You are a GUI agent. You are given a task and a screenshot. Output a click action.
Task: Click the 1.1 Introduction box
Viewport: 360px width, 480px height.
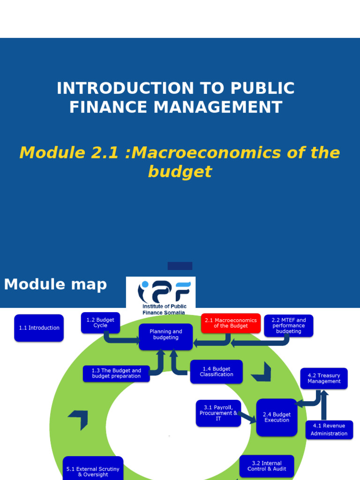pyautogui.click(x=39, y=328)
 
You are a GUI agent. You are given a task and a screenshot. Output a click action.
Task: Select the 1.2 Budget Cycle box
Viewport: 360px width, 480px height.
pyautogui.click(x=100, y=322)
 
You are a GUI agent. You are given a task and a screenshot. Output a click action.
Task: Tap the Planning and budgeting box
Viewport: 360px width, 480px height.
pyautogui.click(x=165, y=337)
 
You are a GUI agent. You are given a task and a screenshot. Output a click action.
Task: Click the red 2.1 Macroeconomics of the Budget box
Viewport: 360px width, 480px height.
pyautogui.click(x=231, y=323)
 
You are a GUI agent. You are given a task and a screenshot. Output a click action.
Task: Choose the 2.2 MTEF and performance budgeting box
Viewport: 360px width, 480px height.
pyautogui.click(x=288, y=325)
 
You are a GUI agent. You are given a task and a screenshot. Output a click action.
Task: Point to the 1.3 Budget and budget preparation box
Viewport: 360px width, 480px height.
pyautogui.click(x=116, y=373)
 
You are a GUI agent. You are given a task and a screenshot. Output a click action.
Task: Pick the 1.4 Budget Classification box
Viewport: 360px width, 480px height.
pyautogui.click(x=216, y=371)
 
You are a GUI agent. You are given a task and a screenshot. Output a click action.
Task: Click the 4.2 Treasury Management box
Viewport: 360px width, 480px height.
pyautogui.click(x=324, y=378)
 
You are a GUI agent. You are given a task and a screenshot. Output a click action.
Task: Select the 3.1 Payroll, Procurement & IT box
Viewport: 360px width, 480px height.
pyautogui.click(x=218, y=413)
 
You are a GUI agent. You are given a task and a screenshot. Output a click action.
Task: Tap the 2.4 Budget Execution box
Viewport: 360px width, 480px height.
pyautogui.click(x=277, y=417)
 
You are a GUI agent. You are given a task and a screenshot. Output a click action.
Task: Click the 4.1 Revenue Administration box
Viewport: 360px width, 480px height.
pyautogui.click(x=329, y=429)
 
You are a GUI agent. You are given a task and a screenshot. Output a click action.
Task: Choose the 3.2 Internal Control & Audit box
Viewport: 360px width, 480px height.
pyautogui.click(x=267, y=466)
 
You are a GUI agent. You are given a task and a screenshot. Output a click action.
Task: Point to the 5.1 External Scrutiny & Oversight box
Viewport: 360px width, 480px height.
pyautogui.click(x=93, y=470)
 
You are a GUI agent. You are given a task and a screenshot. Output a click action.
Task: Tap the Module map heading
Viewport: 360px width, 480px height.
pyautogui.click(x=55, y=284)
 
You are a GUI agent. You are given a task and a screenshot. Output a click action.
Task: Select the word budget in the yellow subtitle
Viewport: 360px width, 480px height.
pyautogui.click(x=180, y=172)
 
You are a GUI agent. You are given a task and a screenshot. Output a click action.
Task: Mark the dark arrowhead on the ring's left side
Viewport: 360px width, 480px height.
pyautogui.click(x=79, y=419)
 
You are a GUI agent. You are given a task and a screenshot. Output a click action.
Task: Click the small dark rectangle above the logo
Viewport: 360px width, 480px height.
pyautogui.click(x=180, y=266)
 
